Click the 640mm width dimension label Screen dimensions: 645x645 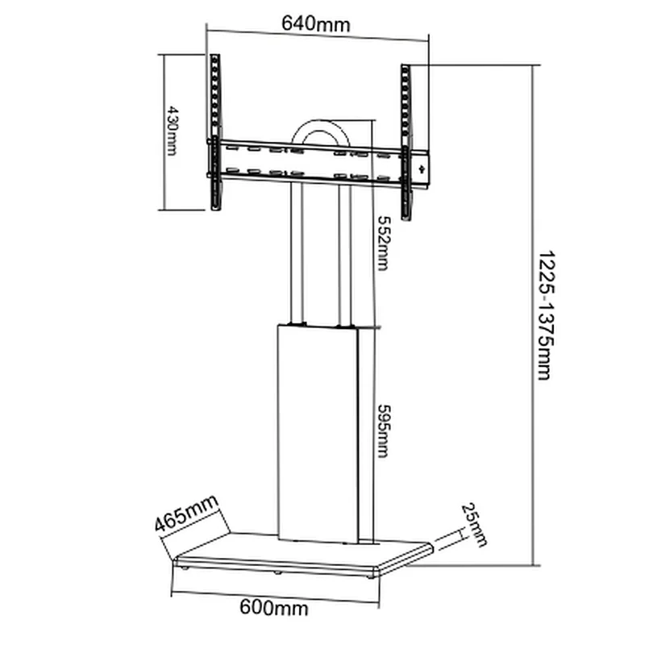pos(316,23)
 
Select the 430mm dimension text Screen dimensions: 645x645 pos(171,131)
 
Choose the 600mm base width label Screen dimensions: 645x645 pos(275,607)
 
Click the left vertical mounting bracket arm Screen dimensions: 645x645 pos(215,133)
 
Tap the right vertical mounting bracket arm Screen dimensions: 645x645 pos(406,141)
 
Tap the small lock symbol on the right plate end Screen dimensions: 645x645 pos(421,168)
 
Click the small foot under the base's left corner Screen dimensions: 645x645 pos(188,568)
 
